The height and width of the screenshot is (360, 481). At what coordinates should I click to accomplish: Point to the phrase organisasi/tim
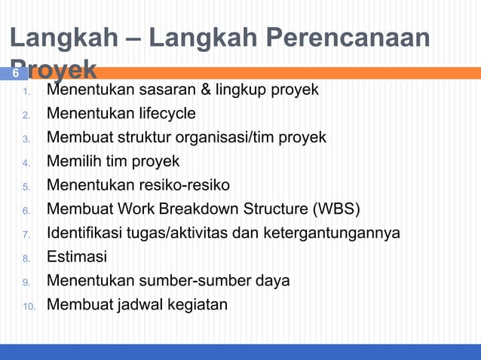230,138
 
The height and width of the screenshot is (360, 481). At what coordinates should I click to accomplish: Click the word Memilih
73,162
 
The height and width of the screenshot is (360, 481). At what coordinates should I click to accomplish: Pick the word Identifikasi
86,233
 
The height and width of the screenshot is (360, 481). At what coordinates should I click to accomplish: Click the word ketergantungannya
332,233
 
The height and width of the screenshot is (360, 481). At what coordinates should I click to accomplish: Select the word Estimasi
77,257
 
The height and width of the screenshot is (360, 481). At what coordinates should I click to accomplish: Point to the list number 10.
27,306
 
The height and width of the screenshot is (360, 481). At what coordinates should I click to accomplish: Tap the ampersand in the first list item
204,91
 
